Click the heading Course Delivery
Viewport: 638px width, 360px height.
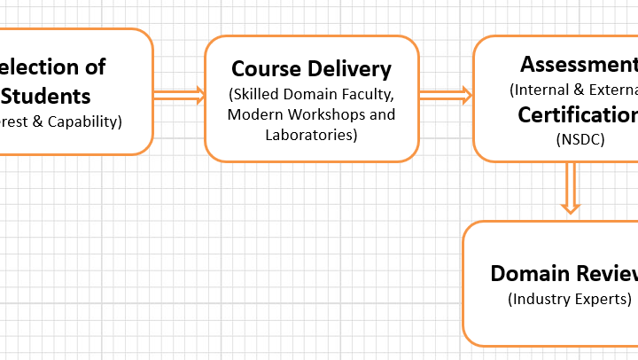click(311, 68)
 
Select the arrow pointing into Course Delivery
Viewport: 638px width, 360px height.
click(179, 96)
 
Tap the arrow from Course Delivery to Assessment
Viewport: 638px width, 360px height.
click(445, 96)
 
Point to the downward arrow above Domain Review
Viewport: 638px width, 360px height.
click(571, 188)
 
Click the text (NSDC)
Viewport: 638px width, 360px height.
click(580, 138)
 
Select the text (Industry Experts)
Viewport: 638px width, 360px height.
click(570, 298)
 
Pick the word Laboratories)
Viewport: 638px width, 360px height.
click(311, 135)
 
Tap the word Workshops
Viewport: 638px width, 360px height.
click(323, 114)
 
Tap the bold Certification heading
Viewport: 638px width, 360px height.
click(578, 115)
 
